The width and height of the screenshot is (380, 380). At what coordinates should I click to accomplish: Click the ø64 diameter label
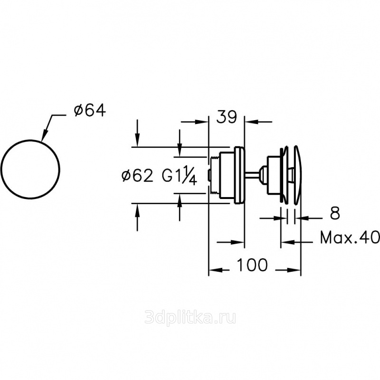click(90, 111)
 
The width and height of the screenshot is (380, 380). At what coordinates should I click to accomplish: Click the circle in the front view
click(30, 140)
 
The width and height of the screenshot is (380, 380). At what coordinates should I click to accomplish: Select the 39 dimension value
click(227, 117)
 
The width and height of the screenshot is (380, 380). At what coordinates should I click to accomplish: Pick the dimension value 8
click(335, 213)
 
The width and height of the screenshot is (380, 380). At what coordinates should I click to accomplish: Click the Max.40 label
click(350, 238)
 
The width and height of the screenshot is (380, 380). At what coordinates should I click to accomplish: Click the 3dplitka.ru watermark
click(190, 318)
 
